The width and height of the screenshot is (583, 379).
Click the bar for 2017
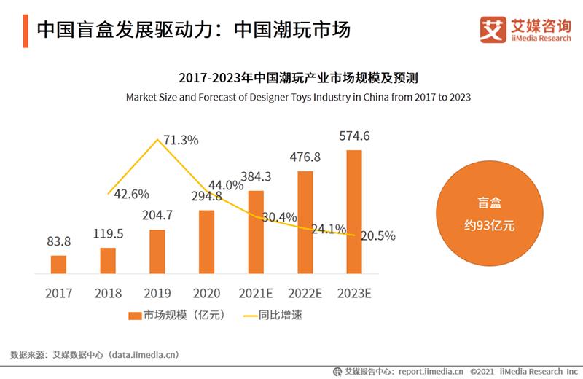click(x=58, y=265)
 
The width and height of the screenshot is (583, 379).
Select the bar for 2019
click(x=157, y=252)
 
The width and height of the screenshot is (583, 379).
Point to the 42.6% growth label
click(x=132, y=194)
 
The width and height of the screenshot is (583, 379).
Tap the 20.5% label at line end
click(x=377, y=235)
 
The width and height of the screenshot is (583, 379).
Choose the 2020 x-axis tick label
click(x=206, y=294)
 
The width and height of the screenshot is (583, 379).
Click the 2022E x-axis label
click(x=305, y=294)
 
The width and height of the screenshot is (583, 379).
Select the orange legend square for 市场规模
click(x=134, y=316)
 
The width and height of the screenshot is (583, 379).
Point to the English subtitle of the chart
click(x=299, y=97)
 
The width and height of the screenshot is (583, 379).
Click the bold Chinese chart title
click(x=299, y=77)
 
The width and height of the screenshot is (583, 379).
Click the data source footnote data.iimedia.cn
click(x=94, y=355)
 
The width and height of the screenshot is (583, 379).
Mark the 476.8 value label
click(x=305, y=157)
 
